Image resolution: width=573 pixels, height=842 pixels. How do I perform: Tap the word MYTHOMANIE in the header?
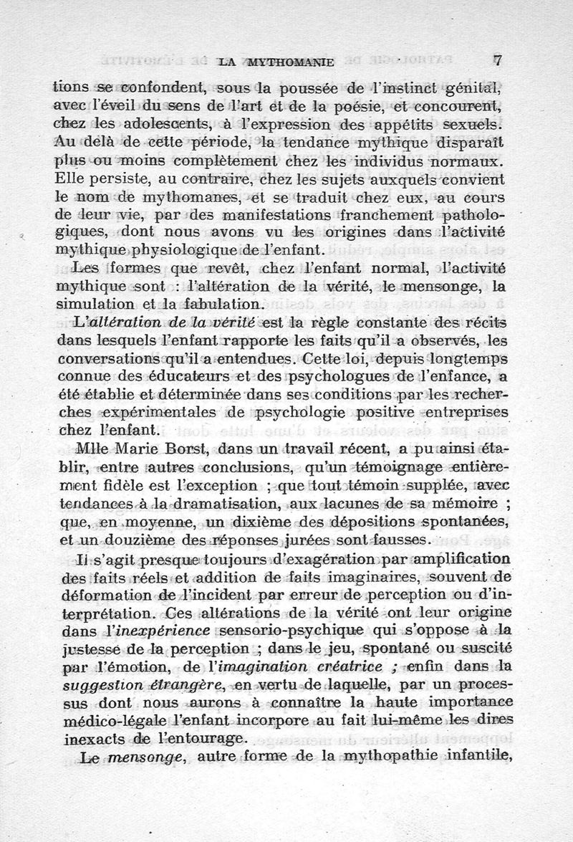click(294, 63)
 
